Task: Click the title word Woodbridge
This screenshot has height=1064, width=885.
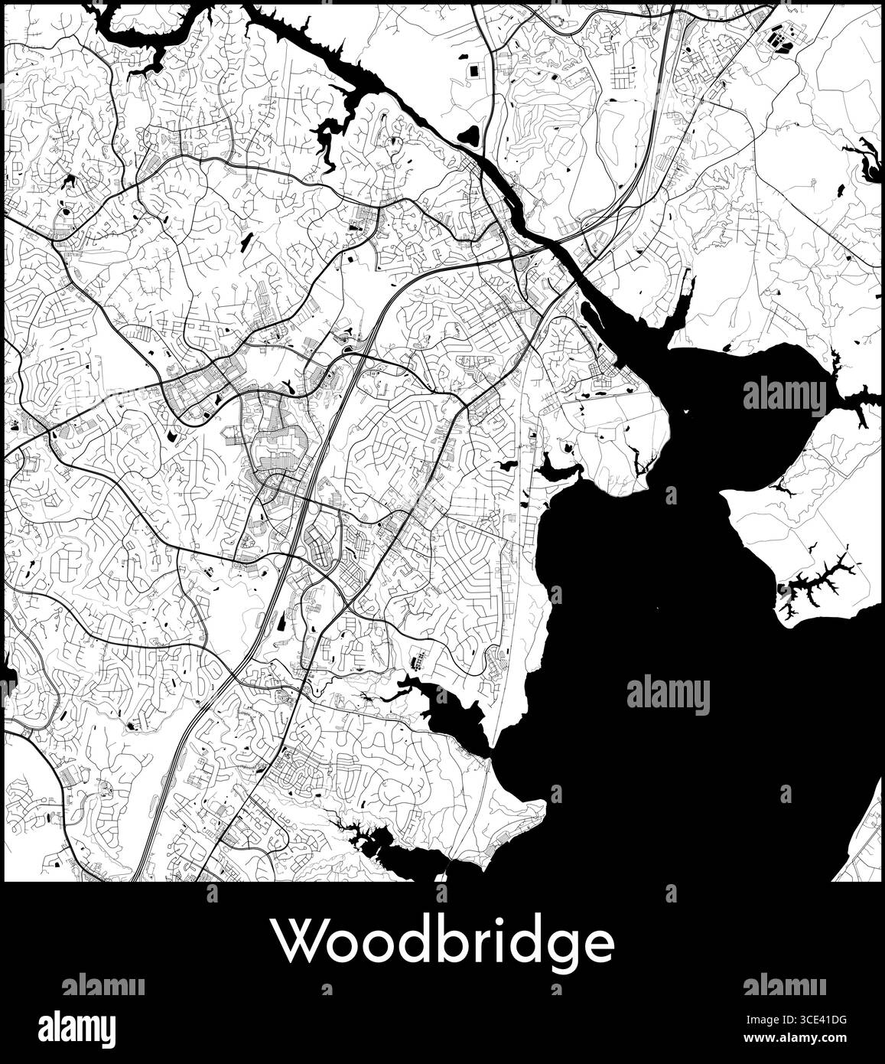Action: tap(444, 944)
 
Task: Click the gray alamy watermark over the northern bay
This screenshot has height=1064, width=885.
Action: tap(784, 396)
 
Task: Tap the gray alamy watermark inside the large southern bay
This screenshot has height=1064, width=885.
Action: tap(668, 695)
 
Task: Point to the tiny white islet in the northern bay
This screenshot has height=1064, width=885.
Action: tap(686, 412)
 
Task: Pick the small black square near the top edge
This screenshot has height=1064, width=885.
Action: tap(475, 70)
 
